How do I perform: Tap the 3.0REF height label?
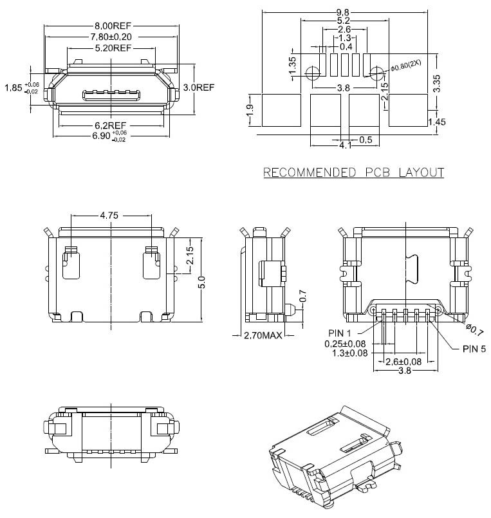pyautogui.click(x=199, y=88)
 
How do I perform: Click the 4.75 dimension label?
pyautogui.click(x=109, y=216)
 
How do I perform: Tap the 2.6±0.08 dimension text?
pyautogui.click(x=403, y=362)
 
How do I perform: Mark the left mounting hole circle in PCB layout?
pyautogui.click(x=313, y=73)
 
